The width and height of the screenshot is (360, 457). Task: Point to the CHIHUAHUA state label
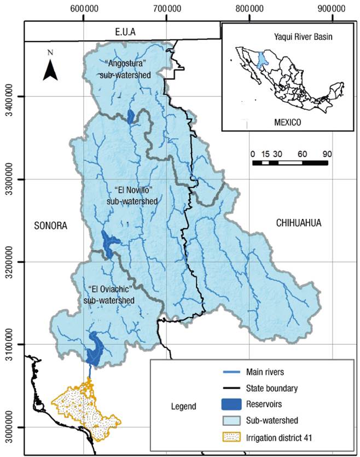(298, 223)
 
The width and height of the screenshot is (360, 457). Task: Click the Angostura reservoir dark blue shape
(130, 116)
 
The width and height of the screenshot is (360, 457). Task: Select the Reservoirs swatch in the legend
(237, 404)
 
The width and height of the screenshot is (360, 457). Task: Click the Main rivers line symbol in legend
(237, 373)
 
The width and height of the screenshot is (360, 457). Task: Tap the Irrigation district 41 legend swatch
(237, 436)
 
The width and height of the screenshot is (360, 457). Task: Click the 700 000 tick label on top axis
(166, 9)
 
